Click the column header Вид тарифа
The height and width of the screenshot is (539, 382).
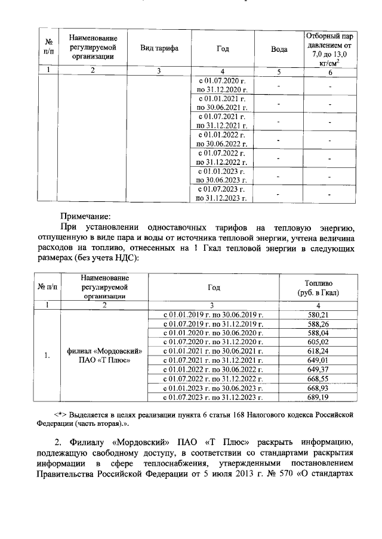159,48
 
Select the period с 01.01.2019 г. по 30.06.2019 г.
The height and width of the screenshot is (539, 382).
213,314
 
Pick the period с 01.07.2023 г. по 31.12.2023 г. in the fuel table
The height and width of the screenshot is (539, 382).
213,396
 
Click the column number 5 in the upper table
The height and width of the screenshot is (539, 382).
279,71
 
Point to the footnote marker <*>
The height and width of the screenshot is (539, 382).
60,414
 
